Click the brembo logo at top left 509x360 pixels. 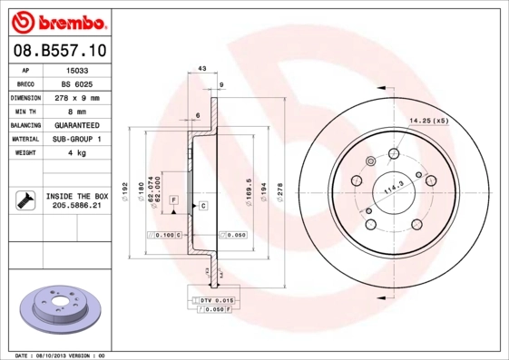point(59,19)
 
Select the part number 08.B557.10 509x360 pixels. point(59,51)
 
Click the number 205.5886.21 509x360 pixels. point(76,206)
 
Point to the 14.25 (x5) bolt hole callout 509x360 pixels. point(428,120)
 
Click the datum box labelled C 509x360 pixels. point(203,206)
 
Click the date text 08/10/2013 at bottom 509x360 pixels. point(57,355)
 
